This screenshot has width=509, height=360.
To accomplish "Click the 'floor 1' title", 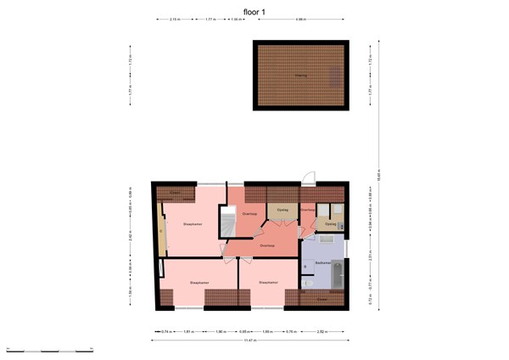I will (255, 10).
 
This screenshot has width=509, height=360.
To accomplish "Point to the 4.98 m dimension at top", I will (301, 19).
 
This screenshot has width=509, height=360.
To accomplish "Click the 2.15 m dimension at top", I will (174, 19).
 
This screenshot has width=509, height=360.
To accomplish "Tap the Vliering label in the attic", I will (300, 76).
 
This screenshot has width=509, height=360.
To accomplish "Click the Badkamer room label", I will (322, 263).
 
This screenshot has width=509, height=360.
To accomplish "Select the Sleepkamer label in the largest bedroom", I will (192, 224).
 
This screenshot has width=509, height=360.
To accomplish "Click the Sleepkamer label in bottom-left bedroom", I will (199, 283).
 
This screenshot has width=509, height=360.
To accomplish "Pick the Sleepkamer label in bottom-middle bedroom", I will (269, 283).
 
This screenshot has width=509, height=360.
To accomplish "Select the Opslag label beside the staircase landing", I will (282, 209).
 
